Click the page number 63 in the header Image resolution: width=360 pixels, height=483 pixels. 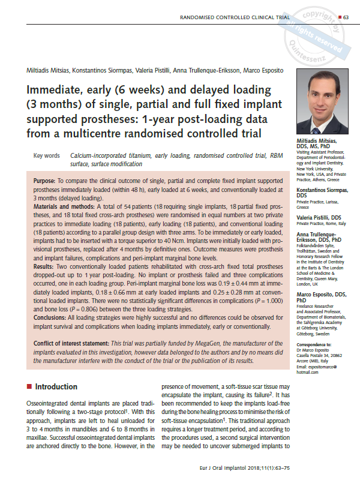click(346, 17)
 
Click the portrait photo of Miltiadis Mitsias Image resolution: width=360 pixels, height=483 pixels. click(322, 102)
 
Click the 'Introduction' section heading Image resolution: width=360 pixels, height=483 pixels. click(59, 386)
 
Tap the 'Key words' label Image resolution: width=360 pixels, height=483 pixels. click(47, 155)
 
